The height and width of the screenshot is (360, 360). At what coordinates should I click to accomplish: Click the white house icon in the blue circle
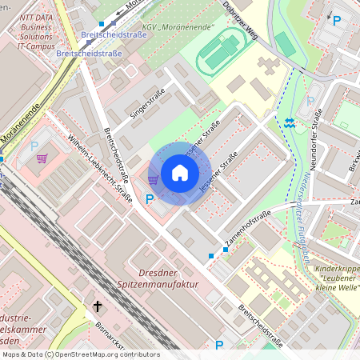pyautogui.click(x=180, y=173)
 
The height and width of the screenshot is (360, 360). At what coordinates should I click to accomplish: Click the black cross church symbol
pyautogui.click(x=98, y=306)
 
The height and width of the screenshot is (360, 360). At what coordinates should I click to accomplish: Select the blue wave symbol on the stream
pyautogui.click(x=289, y=122)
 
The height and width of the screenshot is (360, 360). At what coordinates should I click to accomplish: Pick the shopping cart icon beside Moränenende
pyautogui.click(x=42, y=158)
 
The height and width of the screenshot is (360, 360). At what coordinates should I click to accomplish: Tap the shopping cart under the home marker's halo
pyautogui.click(x=153, y=179)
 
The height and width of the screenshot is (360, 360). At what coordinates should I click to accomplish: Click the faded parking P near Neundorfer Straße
pyautogui.click(x=310, y=102)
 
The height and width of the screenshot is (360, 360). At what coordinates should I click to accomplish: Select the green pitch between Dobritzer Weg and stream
pyautogui.click(x=284, y=44)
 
